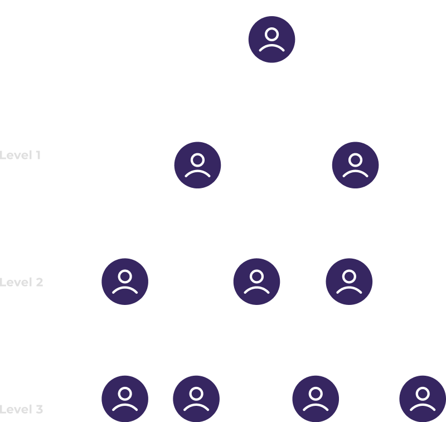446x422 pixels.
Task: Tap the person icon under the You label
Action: pyautogui.click(x=272, y=39)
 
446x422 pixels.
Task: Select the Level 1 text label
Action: pyautogui.click(x=21, y=155)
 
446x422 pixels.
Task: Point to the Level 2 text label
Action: pyautogui.click(x=22, y=282)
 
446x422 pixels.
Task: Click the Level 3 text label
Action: pyautogui.click(x=22, y=409)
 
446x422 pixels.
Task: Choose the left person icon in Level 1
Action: pyautogui.click(x=197, y=165)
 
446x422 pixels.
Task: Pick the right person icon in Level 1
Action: pyautogui.click(x=355, y=165)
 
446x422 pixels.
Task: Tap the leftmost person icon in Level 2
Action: pyautogui.click(x=125, y=282)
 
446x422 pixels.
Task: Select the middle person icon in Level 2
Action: pyautogui.click(x=256, y=282)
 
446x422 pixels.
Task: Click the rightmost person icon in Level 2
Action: pyautogui.click(x=349, y=282)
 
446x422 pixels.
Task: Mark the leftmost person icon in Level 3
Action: pyautogui.click(x=125, y=399)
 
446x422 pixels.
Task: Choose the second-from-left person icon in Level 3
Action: pyautogui.click(x=196, y=399)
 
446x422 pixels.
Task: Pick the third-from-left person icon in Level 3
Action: pyautogui.click(x=316, y=399)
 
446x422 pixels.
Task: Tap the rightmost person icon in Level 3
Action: pyautogui.click(x=423, y=399)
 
